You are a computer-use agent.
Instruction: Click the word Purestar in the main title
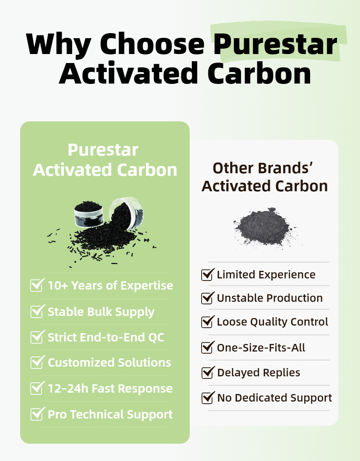(x=275, y=44)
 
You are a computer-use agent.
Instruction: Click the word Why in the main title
(x=58, y=44)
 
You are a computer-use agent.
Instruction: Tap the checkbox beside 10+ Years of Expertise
(x=37, y=286)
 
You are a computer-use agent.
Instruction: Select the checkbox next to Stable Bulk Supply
(x=37, y=312)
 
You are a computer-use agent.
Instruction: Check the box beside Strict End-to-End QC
(x=37, y=337)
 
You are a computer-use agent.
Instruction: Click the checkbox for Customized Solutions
(x=37, y=362)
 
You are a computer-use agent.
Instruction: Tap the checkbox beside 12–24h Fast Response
(x=37, y=388)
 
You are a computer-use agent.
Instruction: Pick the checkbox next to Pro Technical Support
(x=37, y=414)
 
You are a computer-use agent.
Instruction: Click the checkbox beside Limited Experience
(x=207, y=275)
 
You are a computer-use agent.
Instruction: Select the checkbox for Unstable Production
(x=207, y=298)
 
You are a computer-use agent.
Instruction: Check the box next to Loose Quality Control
(x=207, y=322)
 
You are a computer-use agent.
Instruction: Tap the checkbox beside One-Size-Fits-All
(x=207, y=348)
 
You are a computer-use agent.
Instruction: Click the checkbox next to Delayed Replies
(x=207, y=373)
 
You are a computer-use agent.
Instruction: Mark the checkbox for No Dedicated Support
(x=207, y=398)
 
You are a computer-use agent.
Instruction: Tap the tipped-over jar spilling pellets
(x=128, y=212)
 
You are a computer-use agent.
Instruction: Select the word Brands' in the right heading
(x=285, y=168)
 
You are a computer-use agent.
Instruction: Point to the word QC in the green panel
(x=156, y=337)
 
